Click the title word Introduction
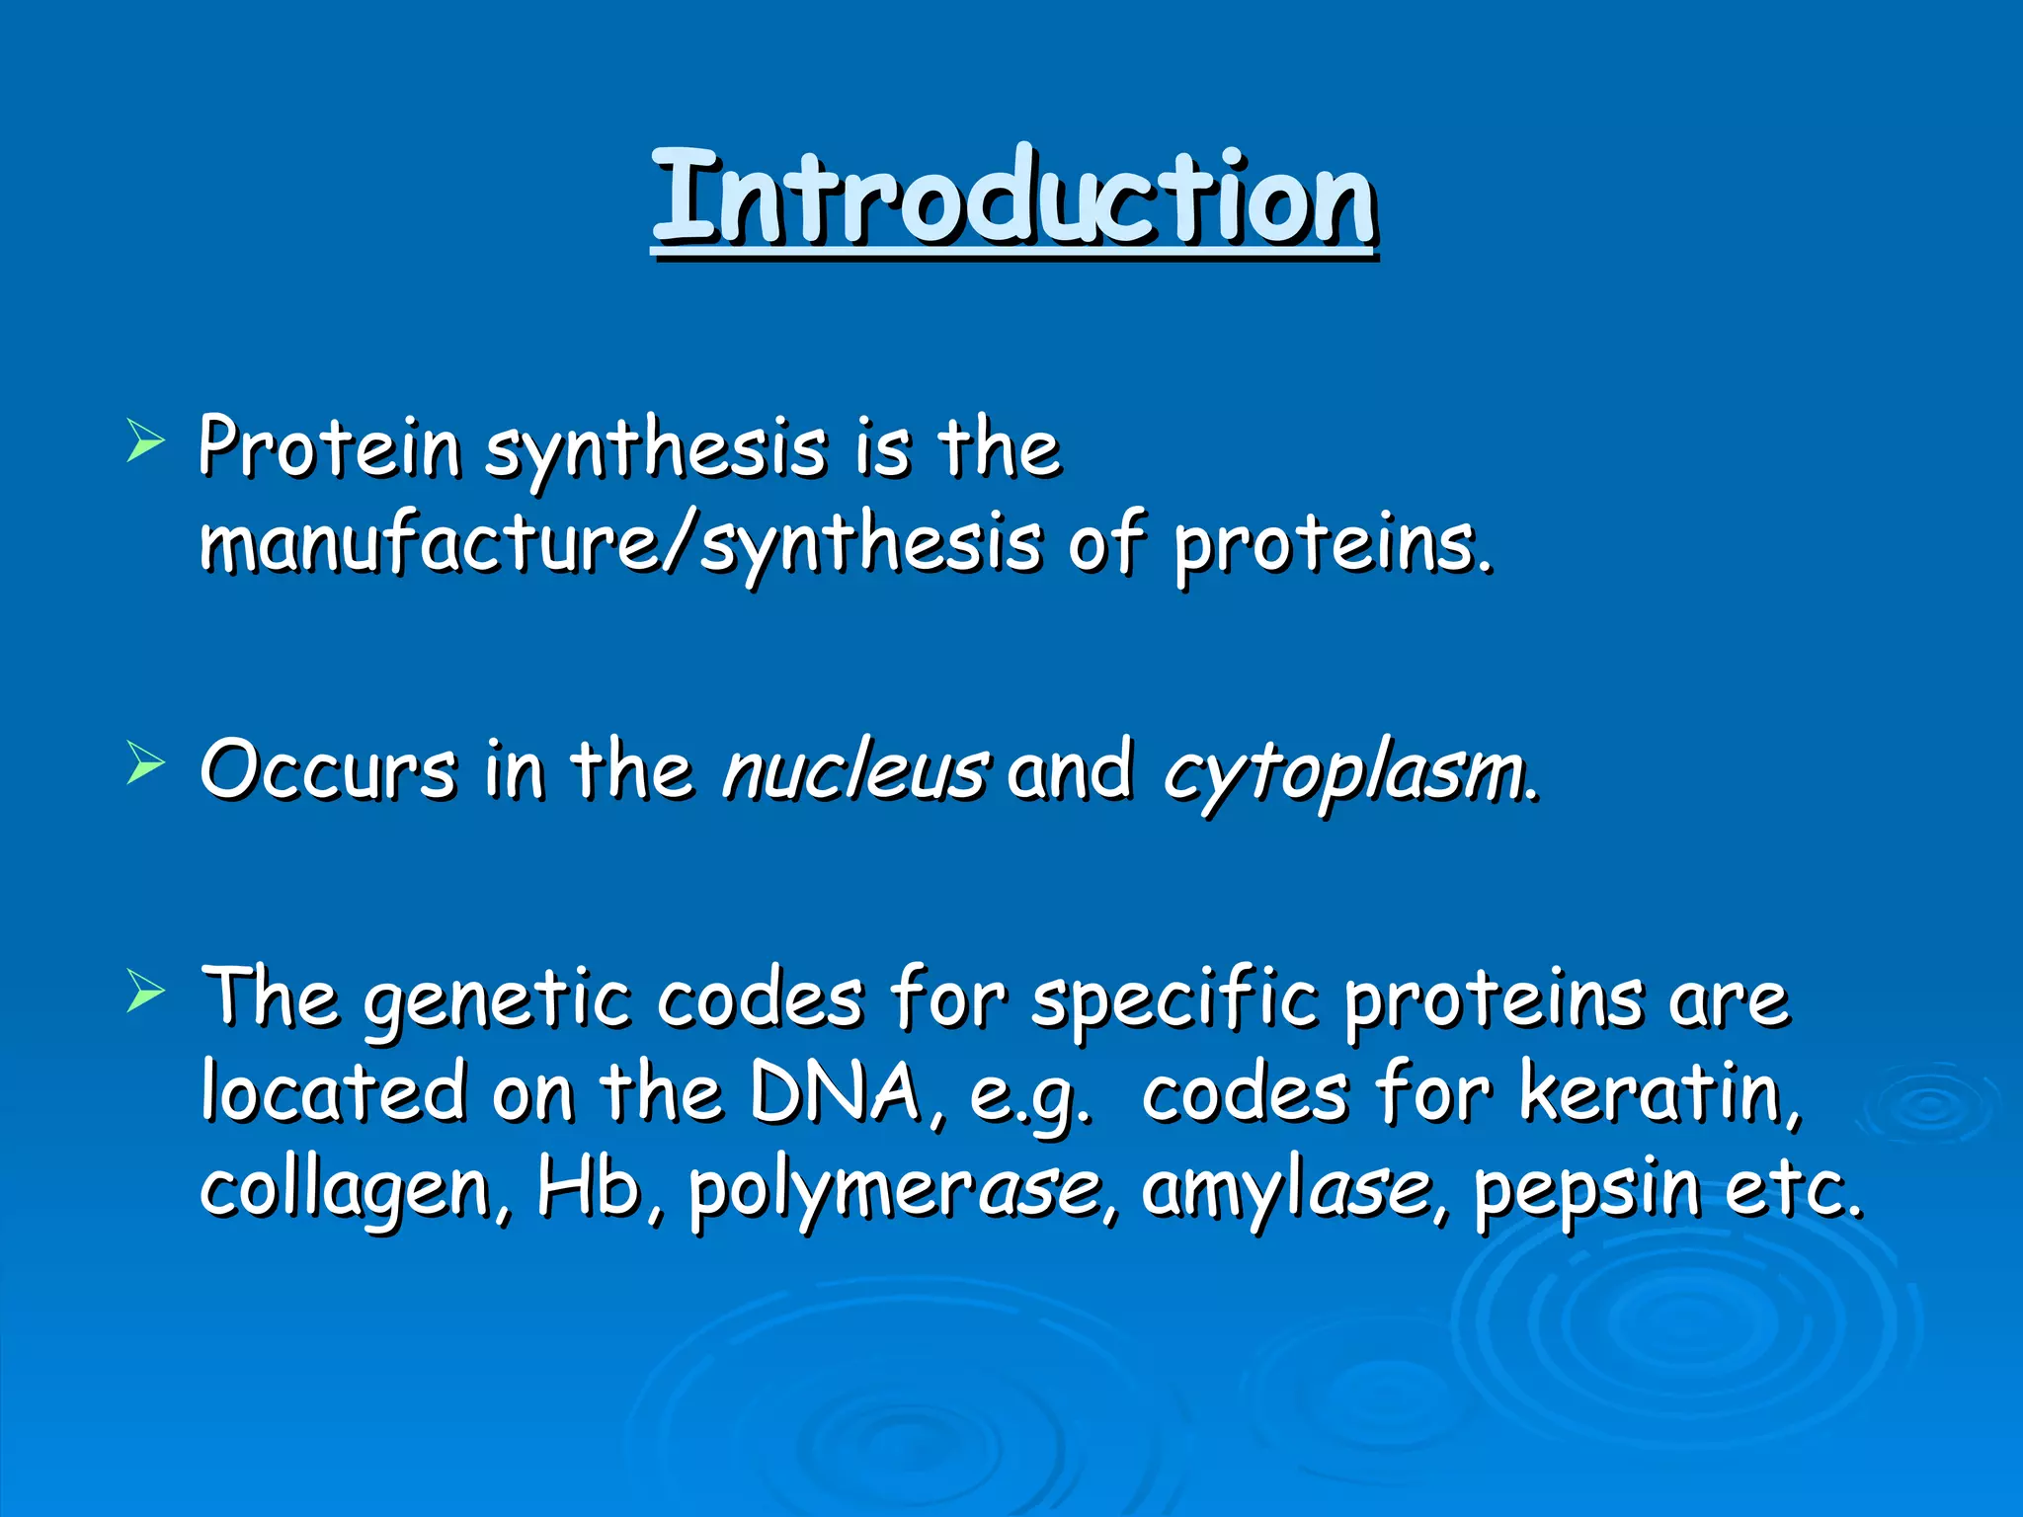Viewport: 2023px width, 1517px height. pos(1013,198)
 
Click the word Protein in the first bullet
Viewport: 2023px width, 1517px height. pos(329,447)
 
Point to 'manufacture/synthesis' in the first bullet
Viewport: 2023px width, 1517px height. pos(620,544)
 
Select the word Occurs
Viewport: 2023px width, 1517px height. pos(328,771)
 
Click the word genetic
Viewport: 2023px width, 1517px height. pos(496,1000)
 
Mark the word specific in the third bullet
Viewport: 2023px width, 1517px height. pos(1173,1000)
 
